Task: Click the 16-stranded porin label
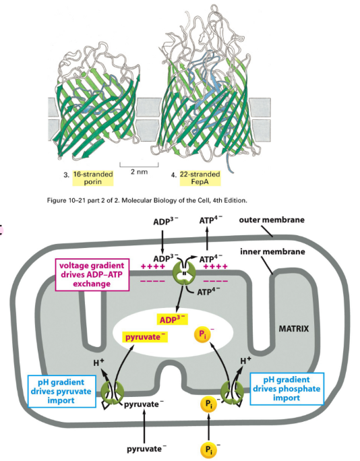click(x=94, y=178)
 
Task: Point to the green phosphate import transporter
click(x=233, y=394)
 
